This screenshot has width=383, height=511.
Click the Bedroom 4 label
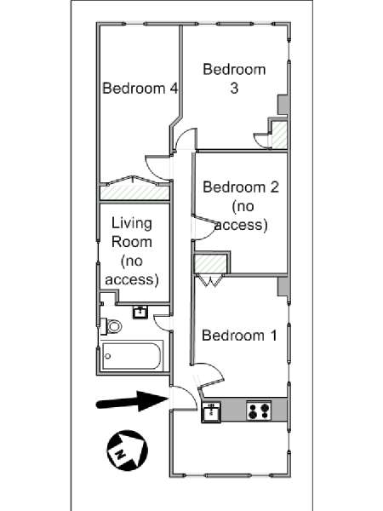140,89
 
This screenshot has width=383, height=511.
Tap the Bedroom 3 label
234,78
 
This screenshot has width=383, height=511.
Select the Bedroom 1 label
239,336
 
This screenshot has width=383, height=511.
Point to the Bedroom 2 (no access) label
241,206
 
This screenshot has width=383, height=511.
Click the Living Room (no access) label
132,251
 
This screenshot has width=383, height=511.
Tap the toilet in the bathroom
111,326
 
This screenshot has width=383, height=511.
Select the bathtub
132,355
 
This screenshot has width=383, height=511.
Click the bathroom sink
140,312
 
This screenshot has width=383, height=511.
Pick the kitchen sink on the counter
211,412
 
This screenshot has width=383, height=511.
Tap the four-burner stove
259,411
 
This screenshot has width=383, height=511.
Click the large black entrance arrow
132,401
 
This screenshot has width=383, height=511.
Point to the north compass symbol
128,450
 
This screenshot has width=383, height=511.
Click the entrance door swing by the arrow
185,398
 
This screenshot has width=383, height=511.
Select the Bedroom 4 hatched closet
134,192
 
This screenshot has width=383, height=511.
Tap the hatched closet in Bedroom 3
279,135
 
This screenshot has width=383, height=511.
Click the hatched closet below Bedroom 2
210,264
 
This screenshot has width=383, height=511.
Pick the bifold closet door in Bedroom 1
210,281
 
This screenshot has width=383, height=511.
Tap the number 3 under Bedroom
234,89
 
